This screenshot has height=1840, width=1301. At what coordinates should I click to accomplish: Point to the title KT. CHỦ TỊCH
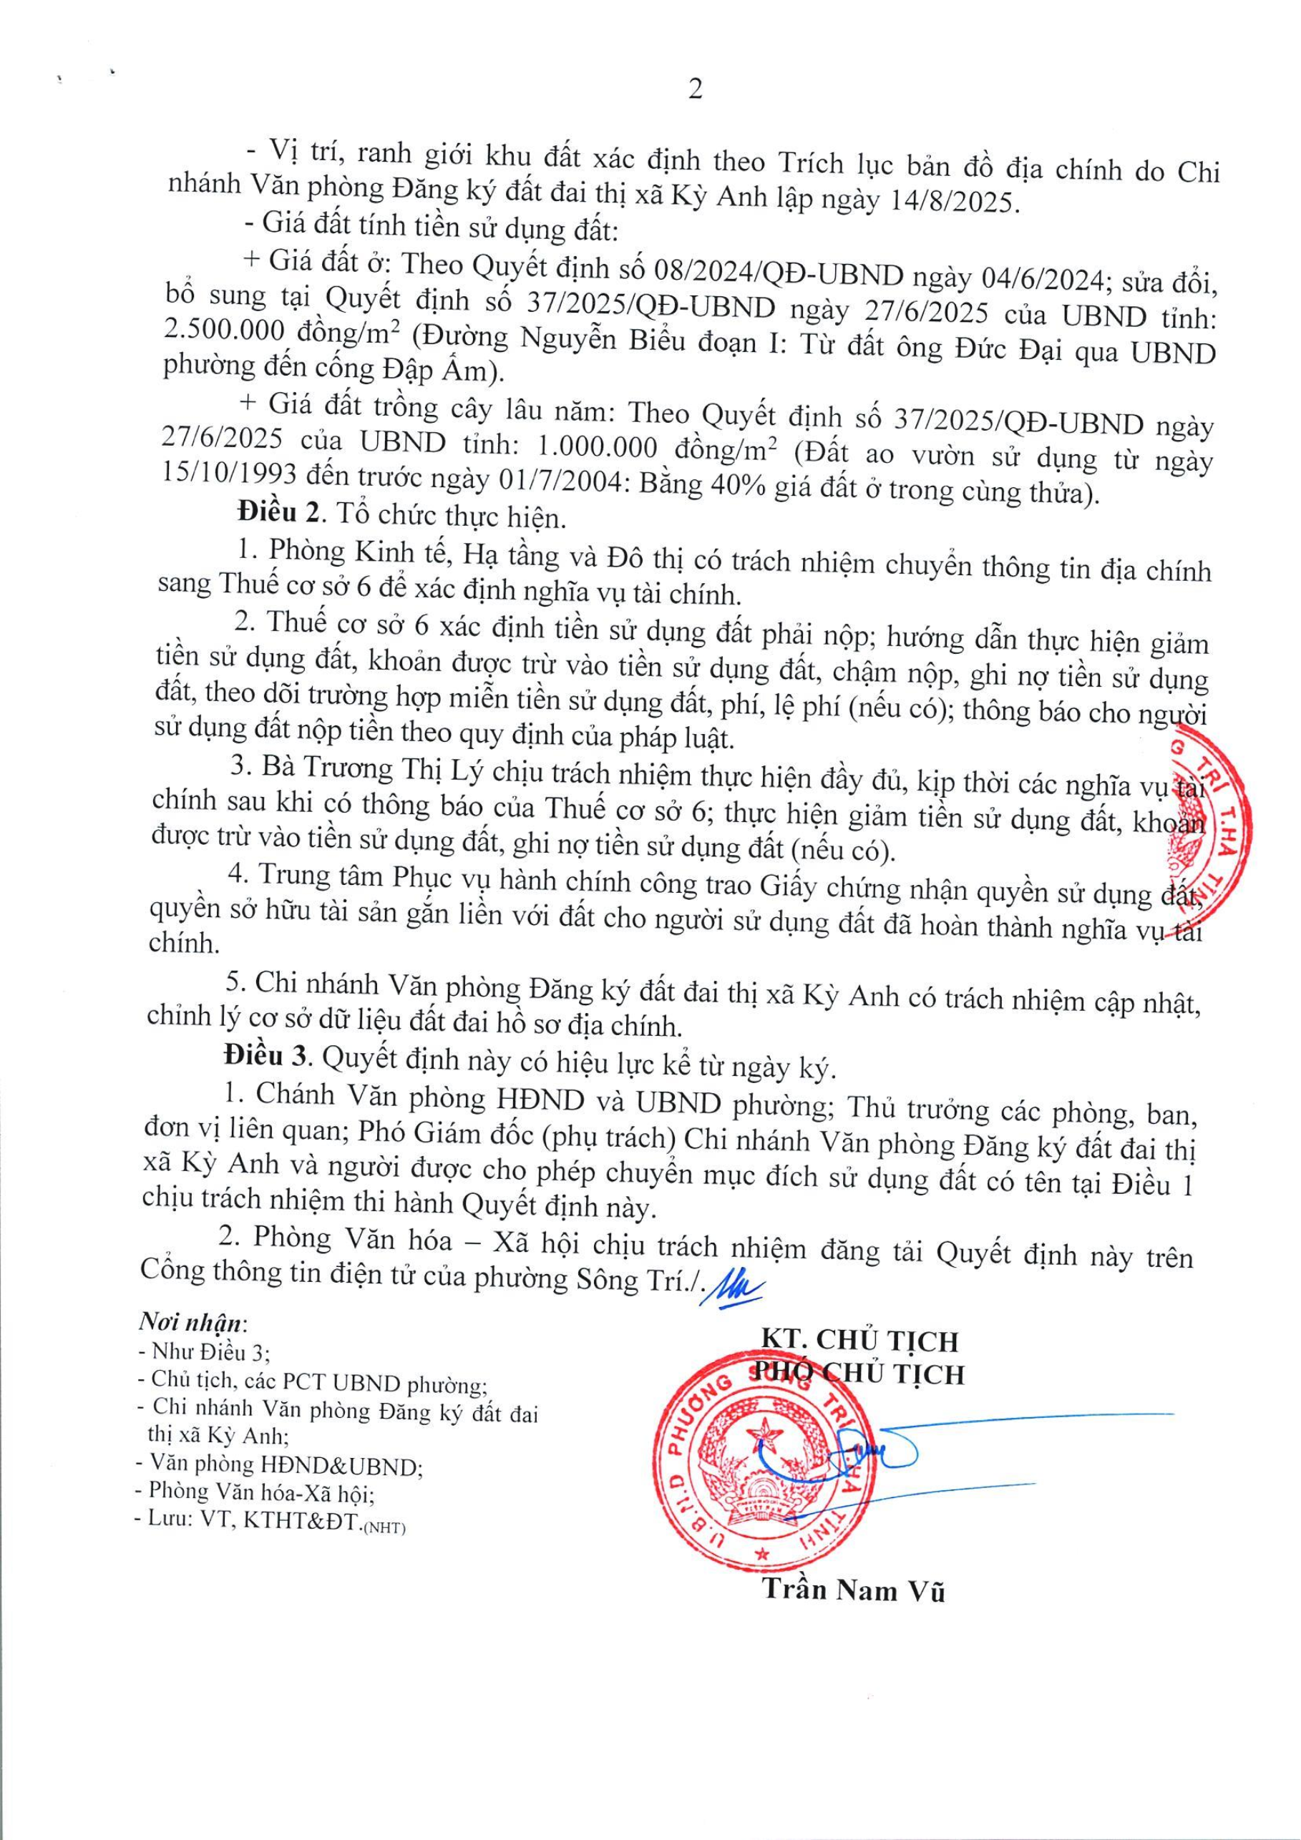point(859,1341)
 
